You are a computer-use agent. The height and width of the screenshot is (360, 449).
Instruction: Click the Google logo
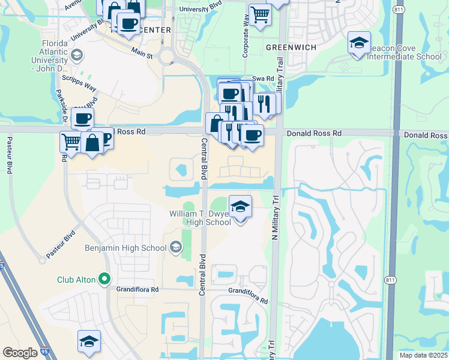tap(20, 353)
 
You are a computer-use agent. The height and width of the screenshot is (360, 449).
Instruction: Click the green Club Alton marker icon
tap(105, 278)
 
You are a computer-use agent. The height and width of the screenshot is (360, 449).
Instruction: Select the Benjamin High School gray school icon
tap(176, 247)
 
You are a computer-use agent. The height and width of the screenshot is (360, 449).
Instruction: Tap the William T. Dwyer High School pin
tap(240, 208)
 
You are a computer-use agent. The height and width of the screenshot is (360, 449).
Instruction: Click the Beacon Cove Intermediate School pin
tap(359, 43)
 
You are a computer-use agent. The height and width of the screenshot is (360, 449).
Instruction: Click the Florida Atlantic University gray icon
tap(77, 56)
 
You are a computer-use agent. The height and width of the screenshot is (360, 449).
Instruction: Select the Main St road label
tap(142, 53)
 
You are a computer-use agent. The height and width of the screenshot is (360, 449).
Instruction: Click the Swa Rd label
tap(262, 78)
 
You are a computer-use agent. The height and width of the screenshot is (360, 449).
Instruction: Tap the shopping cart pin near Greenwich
tap(259, 14)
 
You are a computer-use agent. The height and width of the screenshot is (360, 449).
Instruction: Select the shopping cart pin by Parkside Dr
tap(71, 142)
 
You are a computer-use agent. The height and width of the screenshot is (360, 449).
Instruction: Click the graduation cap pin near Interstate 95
tap(89, 341)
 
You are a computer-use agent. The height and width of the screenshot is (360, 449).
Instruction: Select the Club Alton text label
tap(77, 279)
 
